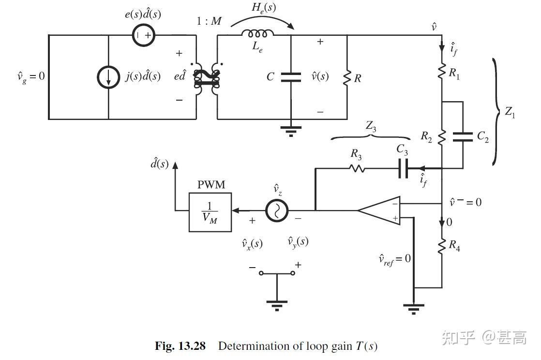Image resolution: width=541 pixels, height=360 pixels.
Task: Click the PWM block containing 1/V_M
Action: coord(210,211)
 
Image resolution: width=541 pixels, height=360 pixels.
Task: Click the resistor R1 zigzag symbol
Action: coord(442,72)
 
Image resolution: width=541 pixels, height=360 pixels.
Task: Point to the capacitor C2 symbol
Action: coord(463,137)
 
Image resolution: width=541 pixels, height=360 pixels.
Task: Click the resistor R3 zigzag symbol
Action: coord(357,168)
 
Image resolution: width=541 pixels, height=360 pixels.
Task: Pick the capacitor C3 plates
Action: coord(403,168)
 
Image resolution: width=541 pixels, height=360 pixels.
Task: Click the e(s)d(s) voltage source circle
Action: coord(144,35)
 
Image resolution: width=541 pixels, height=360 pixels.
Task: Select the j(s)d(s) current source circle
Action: coord(108,77)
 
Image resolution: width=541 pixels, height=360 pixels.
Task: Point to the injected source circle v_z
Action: coord(277,210)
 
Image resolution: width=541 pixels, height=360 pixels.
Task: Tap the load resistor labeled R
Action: coord(347,77)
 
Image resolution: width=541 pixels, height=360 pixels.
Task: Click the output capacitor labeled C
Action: coord(290,76)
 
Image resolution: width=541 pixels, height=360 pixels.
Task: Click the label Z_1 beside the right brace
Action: coord(510,112)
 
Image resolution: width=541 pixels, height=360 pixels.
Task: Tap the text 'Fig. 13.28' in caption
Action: coord(180,346)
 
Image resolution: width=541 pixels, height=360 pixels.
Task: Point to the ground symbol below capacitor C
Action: coord(291,130)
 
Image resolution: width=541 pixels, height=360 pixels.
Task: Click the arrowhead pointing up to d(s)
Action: coord(175,165)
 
